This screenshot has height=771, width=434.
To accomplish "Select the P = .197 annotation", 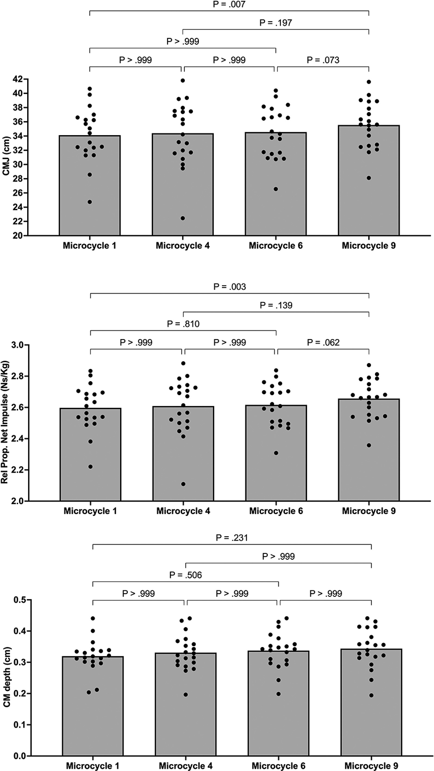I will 276,23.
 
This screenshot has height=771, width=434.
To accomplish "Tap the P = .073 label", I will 323,60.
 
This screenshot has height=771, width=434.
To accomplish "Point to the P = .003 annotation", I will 230,287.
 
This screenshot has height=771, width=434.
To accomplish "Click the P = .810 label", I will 183,324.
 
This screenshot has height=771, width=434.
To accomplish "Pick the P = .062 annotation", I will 323,342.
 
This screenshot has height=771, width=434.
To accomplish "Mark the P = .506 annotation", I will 186,575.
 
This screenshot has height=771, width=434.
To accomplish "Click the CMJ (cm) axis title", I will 6,156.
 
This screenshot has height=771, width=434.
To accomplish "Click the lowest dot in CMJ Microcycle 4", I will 183,218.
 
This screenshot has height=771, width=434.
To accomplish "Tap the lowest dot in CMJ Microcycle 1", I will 90,202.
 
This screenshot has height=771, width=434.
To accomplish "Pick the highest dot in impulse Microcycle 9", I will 369,365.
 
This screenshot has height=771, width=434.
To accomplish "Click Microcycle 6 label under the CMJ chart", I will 276,246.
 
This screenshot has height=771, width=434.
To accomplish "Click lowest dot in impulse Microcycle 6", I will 276,453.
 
